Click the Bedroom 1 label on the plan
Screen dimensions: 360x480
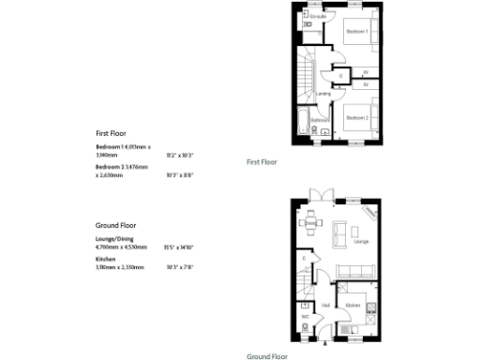click(356, 32)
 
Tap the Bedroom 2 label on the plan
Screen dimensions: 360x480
click(354, 118)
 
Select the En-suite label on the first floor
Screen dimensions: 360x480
click(320, 16)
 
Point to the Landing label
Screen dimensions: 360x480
click(322, 94)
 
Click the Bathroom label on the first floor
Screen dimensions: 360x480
click(320, 120)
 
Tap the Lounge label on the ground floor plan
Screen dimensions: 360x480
click(360, 242)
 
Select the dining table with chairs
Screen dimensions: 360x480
click(313, 225)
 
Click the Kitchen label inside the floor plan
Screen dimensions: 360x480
click(352, 306)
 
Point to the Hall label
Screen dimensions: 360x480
click(325, 306)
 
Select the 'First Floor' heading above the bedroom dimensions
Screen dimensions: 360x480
click(111, 133)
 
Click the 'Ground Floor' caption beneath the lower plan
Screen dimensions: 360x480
click(266, 356)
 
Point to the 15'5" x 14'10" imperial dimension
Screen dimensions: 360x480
click(178, 247)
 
